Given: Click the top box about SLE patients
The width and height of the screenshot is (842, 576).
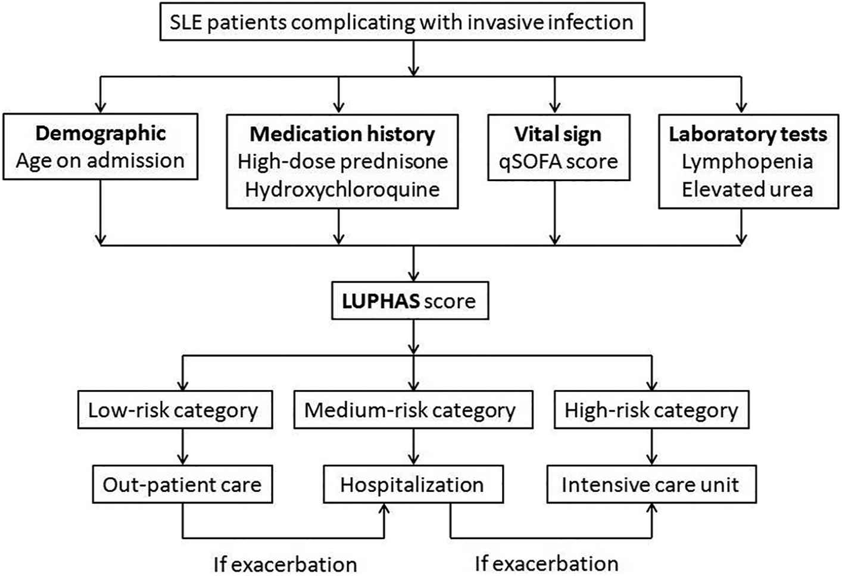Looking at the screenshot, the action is tap(402, 22).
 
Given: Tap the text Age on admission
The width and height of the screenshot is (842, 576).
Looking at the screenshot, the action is tap(100, 161).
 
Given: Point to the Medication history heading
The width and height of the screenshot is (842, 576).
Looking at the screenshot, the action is tap(342, 135).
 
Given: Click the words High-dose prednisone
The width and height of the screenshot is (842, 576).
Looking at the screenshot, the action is tap(342, 161).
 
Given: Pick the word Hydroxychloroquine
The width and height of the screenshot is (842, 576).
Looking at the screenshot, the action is tap(342, 189).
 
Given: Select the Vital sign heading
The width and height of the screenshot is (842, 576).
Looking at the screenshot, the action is tap(558, 135).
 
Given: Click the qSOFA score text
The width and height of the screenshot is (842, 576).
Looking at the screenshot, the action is tap(558, 161).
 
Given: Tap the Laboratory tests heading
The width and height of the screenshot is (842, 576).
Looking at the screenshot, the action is tap(748, 135).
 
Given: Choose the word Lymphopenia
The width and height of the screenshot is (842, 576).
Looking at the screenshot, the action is tap(747, 162).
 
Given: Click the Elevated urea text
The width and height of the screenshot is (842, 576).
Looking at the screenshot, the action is tap(747, 189).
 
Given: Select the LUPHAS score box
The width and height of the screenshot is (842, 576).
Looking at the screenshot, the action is tap(410, 301).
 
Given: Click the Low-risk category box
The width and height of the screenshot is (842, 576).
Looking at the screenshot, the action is tap(175, 409).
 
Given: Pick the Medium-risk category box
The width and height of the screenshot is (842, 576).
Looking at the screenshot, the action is tap(413, 409).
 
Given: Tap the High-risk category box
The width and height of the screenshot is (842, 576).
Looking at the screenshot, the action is tap(652, 409).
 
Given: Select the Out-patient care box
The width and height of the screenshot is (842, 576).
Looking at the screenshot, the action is tap(182, 484).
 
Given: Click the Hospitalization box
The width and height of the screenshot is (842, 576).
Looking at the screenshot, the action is tap(413, 484).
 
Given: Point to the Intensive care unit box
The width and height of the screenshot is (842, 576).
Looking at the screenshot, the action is tap(651, 484).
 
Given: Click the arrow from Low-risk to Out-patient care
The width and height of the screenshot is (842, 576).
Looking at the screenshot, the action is tap(183, 447).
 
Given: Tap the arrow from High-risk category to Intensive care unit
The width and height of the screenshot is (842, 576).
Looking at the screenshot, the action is tap(652, 447).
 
